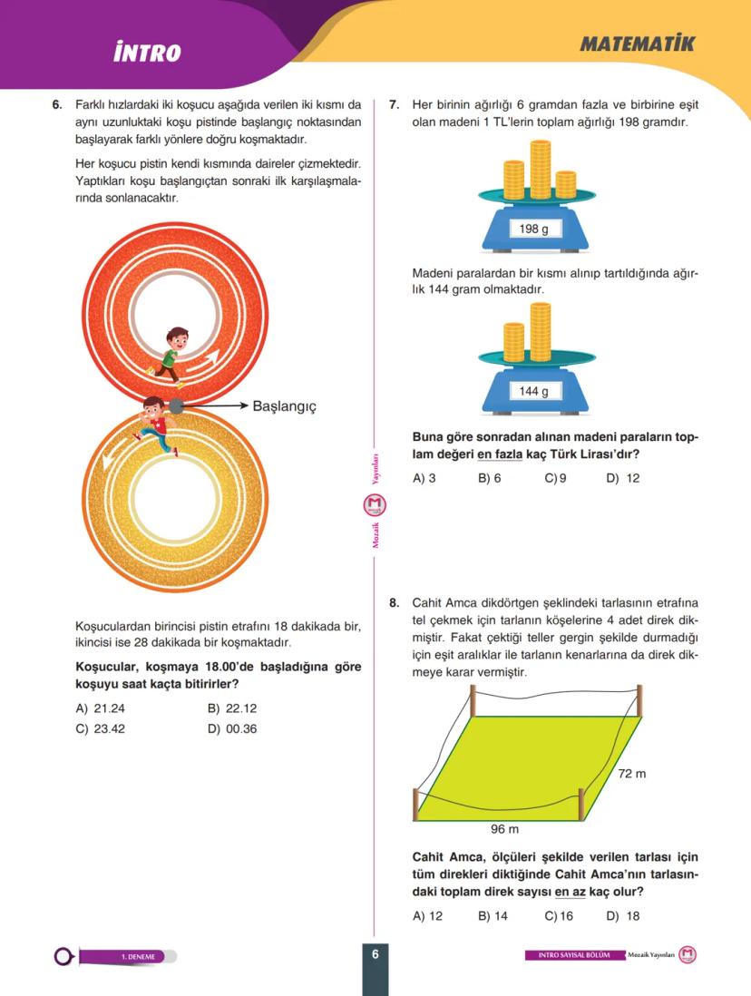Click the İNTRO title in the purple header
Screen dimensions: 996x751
tap(147, 53)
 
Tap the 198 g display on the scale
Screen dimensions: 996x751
tap(533, 229)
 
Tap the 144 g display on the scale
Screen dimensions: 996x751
tap(533, 391)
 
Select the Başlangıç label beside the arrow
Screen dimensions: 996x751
tap(284, 406)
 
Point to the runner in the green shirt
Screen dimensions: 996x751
tap(171, 352)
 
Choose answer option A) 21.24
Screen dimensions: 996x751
tap(94, 708)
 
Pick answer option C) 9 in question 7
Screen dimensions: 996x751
tap(555, 478)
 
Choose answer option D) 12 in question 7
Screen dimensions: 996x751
tap(622, 478)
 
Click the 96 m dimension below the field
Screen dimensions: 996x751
tap(504, 828)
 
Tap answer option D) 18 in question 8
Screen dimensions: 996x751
tap(622, 915)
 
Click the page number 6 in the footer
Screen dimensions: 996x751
tap(375, 953)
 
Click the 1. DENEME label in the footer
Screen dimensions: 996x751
tap(139, 956)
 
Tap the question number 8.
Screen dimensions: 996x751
tap(394, 601)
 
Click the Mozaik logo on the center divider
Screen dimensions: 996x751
tap(375, 505)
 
